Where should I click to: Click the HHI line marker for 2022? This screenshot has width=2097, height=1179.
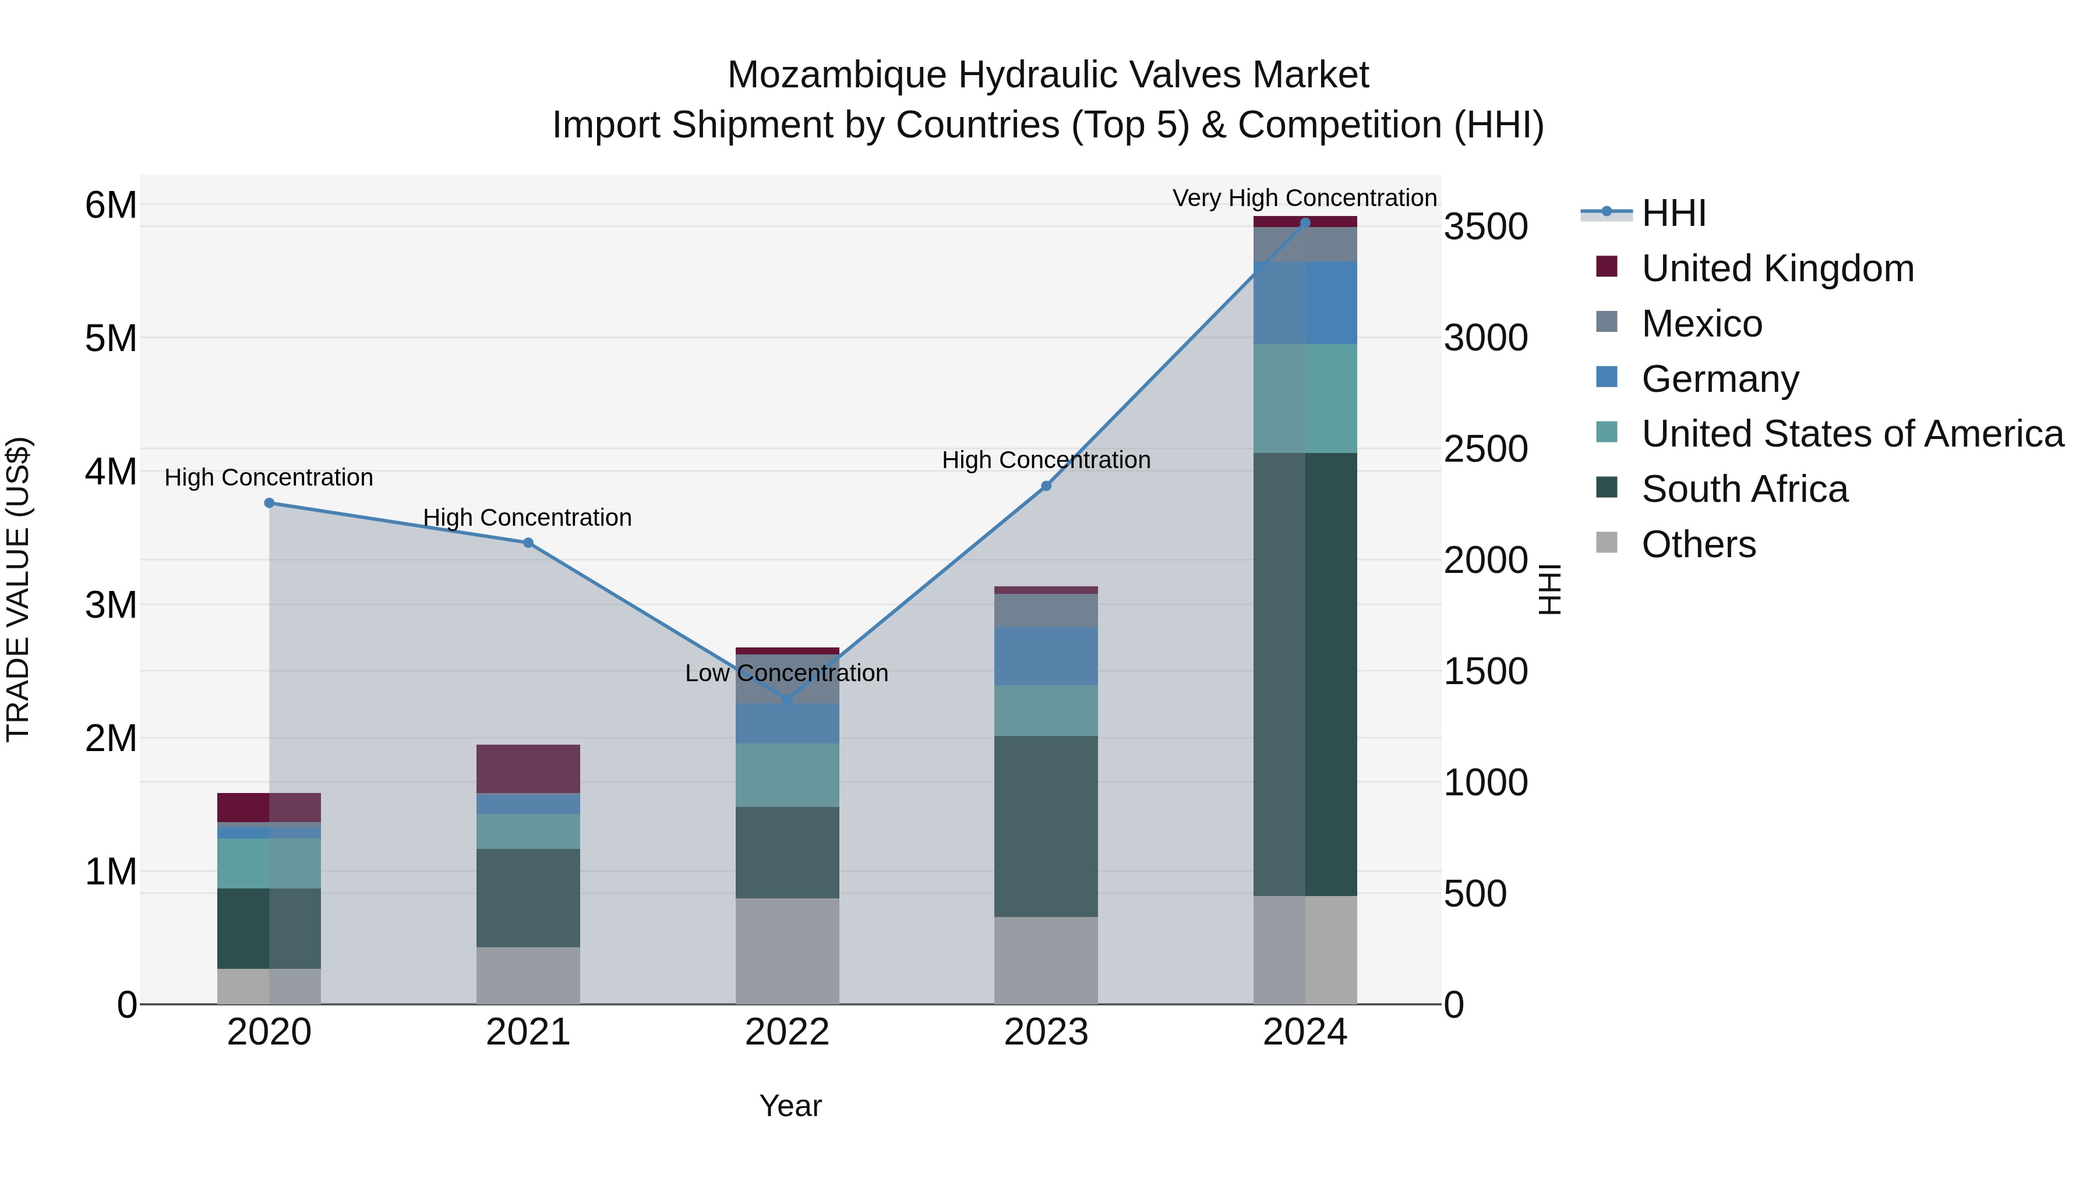[x=787, y=700]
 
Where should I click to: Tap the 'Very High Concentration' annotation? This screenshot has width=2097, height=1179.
[x=1304, y=198]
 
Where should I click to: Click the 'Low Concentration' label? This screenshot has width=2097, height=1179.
[x=786, y=673]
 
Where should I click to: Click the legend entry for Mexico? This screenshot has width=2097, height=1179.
[x=1701, y=324]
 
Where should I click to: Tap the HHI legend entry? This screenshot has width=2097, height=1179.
[x=1673, y=213]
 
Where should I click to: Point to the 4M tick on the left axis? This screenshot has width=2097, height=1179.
[x=111, y=472]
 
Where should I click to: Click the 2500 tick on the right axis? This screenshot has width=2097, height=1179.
[x=1485, y=449]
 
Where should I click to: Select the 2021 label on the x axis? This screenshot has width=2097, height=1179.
[x=528, y=1032]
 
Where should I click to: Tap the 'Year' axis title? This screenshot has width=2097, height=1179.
[x=790, y=1106]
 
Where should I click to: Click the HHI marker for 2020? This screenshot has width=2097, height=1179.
[x=270, y=503]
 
